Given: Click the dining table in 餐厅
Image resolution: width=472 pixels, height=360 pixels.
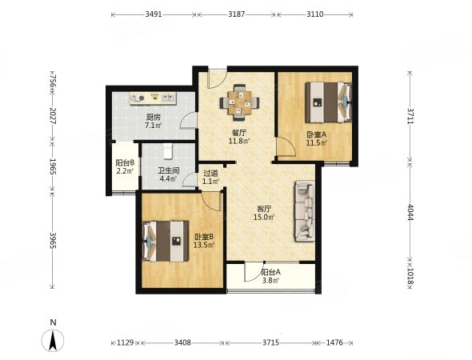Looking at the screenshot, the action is pyautogui.click(x=240, y=102).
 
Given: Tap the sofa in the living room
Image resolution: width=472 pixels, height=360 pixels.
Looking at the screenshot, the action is pyautogui.click(x=305, y=210).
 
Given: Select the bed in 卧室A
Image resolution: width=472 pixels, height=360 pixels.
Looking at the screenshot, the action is pyautogui.click(x=329, y=102).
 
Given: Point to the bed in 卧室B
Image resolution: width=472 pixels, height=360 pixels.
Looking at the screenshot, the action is pyautogui.click(x=166, y=242).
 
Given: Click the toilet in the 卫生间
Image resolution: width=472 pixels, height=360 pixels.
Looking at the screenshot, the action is pyautogui.click(x=168, y=151).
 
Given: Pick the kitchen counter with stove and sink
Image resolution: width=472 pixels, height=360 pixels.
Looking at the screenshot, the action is pyautogui.click(x=153, y=98).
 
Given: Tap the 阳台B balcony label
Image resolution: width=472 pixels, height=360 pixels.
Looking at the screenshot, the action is pyautogui.click(x=125, y=163).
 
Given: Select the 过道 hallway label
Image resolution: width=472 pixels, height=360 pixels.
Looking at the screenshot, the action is pyautogui.click(x=210, y=174).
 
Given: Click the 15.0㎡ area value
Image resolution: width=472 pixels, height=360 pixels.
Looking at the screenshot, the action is pyautogui.click(x=264, y=217).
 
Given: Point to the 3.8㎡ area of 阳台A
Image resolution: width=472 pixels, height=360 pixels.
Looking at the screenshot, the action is pyautogui.click(x=270, y=281).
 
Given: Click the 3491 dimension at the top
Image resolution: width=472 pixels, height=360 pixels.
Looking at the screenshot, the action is pyautogui.click(x=154, y=14).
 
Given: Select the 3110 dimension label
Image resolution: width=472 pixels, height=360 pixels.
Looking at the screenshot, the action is pyautogui.click(x=315, y=14).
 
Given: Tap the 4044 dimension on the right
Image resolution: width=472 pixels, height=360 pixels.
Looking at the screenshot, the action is pyautogui.click(x=410, y=212).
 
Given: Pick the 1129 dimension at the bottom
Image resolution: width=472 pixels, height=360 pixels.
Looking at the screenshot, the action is pyautogui.click(x=126, y=342).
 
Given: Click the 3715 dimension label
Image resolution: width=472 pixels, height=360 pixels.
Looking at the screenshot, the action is pyautogui.click(x=270, y=342).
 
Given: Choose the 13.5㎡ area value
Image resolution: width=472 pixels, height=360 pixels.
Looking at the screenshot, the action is pyautogui.click(x=204, y=245).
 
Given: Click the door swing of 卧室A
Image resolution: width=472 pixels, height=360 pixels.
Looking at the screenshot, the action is pyautogui.click(x=286, y=147).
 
